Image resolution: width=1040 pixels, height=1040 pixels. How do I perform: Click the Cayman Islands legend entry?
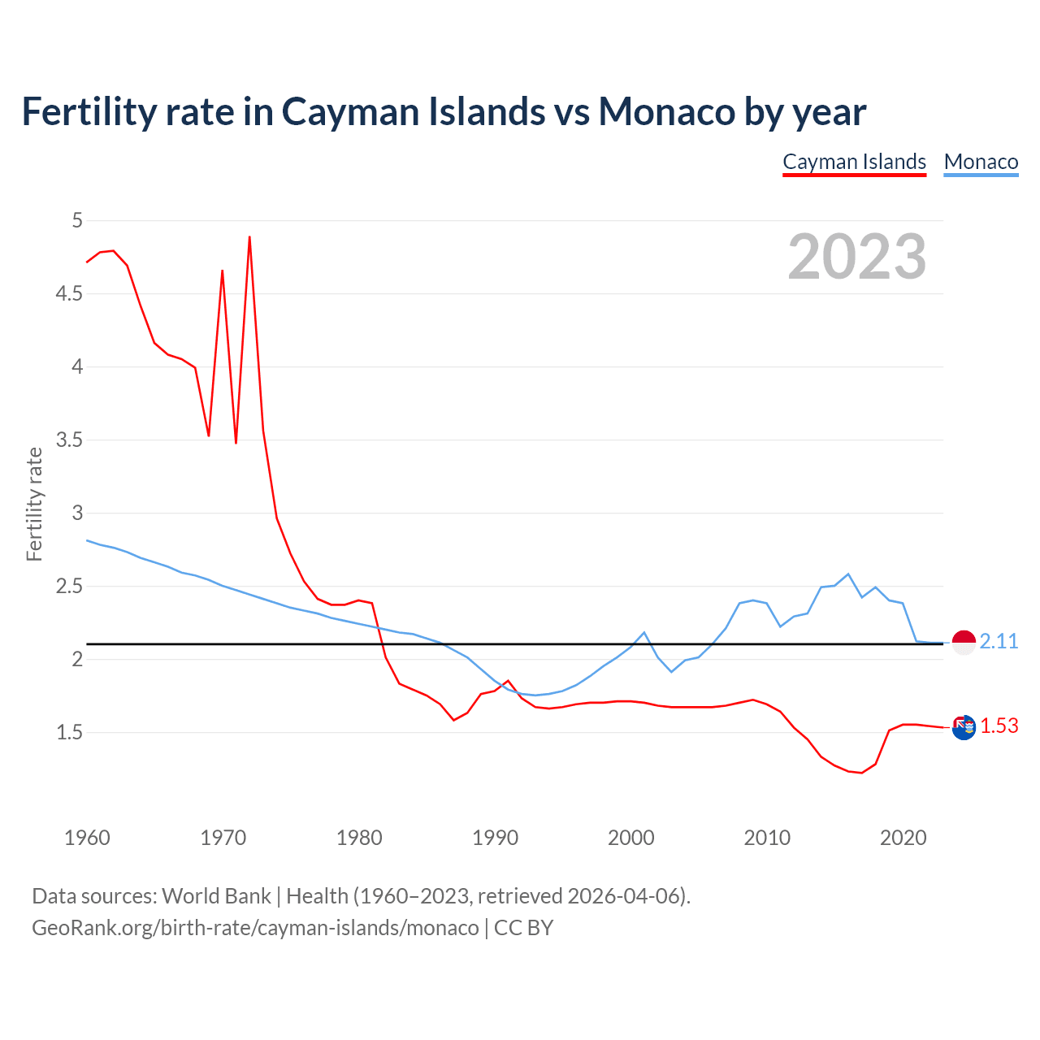pos(854,162)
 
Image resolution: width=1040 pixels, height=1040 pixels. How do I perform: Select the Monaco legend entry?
pos(981,162)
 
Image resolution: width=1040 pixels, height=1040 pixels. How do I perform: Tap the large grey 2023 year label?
pos(856,257)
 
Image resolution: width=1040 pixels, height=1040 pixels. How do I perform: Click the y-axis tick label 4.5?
pos(69,293)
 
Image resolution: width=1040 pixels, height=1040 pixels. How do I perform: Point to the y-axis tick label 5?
pos(77,220)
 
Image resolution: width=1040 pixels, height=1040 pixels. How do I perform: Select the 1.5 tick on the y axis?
pos(69,732)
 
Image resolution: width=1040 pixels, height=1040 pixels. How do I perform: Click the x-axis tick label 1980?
pos(359,838)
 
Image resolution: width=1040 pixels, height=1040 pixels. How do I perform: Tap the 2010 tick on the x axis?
pos(767,838)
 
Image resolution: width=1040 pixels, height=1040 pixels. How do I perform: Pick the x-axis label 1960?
pos(87,838)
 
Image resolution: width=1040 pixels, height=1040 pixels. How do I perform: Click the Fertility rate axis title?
pos(34,504)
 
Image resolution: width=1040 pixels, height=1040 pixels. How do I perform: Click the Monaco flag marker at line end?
pos(964,642)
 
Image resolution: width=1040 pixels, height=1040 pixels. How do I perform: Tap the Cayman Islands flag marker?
pos(964,727)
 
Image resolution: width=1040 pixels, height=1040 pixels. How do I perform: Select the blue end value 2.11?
pos(999,641)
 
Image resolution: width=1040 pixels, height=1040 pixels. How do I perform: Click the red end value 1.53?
pos(999,726)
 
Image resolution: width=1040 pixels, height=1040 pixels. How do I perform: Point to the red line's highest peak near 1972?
pos(249,237)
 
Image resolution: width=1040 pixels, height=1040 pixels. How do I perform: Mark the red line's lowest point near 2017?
pos(861,773)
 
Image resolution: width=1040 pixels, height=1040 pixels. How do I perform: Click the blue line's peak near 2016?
pos(848,574)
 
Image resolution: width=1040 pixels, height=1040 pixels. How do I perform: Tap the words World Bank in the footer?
pos(216,895)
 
